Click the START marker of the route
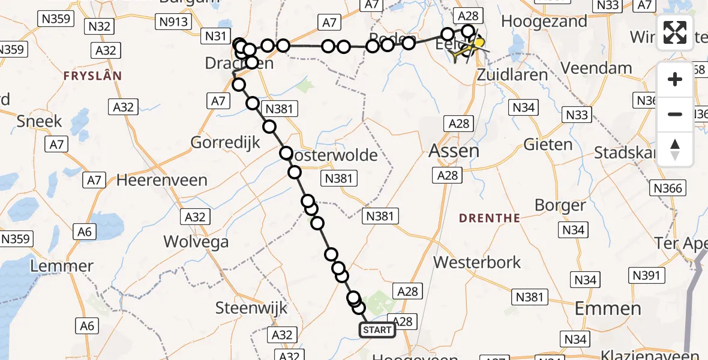(377, 330)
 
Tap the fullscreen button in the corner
(675, 33)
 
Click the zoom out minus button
(675, 114)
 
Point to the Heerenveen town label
(162, 180)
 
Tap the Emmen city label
(608, 309)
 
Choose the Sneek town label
(40, 121)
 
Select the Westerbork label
(477, 262)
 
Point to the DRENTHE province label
(490, 218)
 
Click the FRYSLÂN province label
(93, 76)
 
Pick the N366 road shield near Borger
(668, 188)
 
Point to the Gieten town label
(548, 145)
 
